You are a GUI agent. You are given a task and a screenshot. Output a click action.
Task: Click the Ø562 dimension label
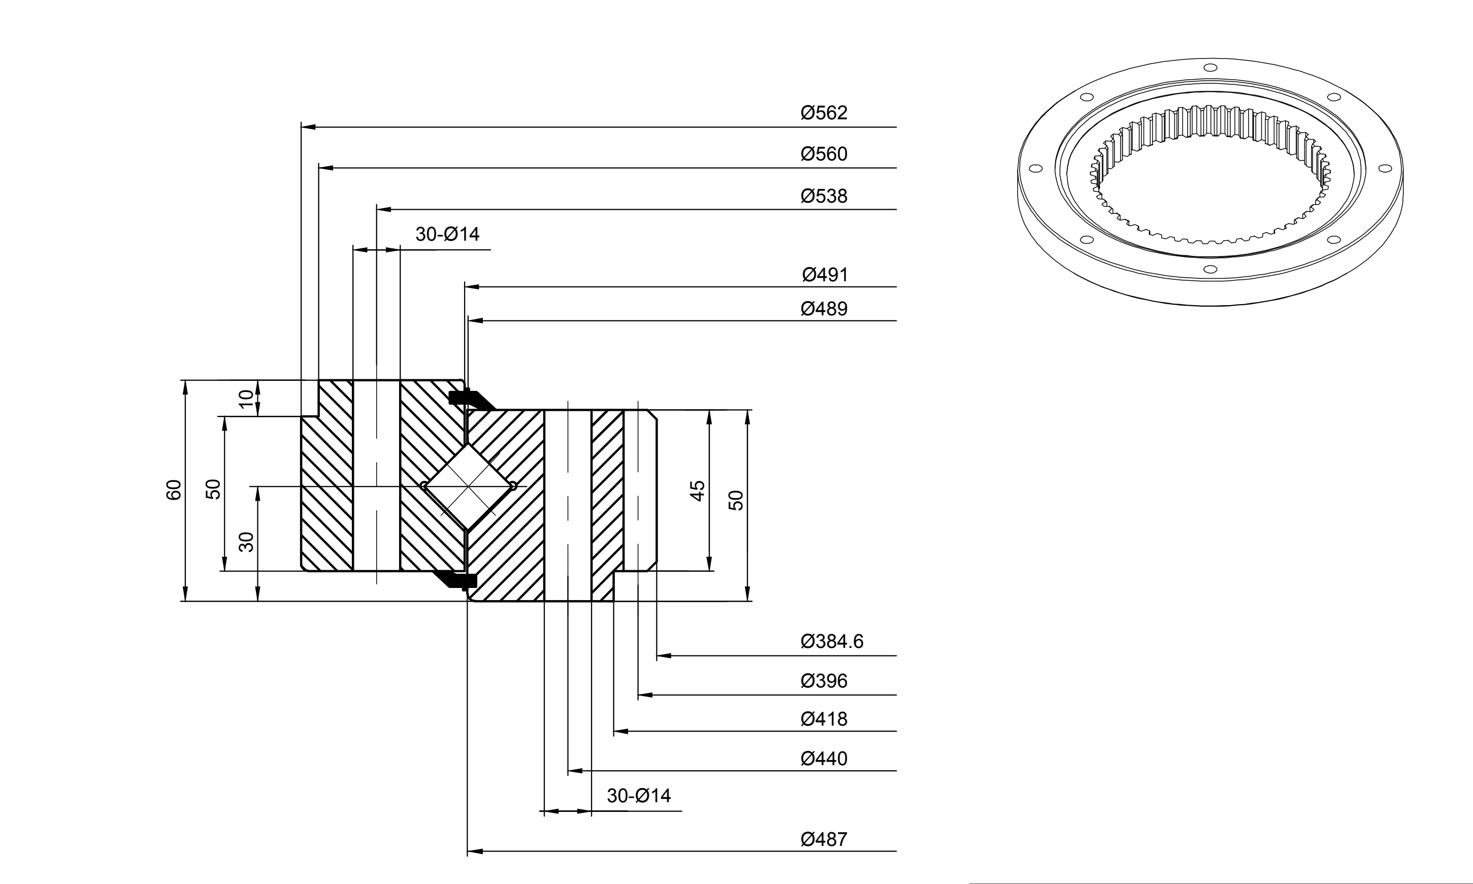(824, 113)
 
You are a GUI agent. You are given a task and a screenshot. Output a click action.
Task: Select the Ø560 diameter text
(824, 154)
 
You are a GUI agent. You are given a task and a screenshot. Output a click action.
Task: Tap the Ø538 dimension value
(824, 196)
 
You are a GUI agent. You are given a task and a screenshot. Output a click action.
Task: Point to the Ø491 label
(825, 275)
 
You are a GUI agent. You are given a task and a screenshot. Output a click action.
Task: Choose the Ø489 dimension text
(824, 309)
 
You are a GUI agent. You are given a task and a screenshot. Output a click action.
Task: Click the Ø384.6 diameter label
(832, 641)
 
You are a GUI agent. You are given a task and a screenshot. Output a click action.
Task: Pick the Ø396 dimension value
(824, 681)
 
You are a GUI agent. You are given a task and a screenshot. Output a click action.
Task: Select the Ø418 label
(824, 719)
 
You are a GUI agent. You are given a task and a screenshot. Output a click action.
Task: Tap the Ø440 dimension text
(824, 758)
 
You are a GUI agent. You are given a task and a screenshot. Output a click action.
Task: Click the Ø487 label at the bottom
(824, 839)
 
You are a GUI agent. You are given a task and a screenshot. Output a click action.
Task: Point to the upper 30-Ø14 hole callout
(447, 234)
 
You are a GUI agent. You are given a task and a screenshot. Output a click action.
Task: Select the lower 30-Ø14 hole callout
(639, 795)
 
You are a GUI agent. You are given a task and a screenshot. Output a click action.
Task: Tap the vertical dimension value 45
(698, 491)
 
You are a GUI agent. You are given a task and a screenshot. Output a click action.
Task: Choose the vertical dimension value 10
(246, 399)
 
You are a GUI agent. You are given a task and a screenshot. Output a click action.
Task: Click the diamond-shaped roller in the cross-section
(468, 486)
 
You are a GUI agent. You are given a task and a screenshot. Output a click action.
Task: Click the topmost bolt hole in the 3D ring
(1209, 68)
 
